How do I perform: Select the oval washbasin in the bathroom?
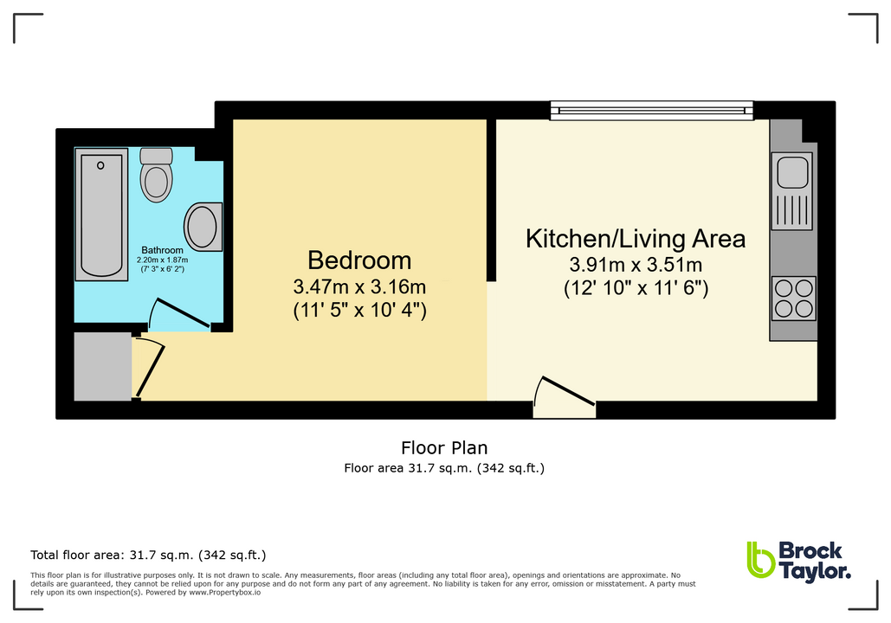pyautogui.click(x=202, y=227)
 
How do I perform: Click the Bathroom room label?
pyautogui.click(x=161, y=250)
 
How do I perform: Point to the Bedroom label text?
pyautogui.click(x=359, y=260)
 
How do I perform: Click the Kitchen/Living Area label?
pyautogui.click(x=636, y=239)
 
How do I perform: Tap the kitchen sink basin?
pyautogui.click(x=793, y=170)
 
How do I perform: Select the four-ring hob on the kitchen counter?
pyautogui.click(x=793, y=298)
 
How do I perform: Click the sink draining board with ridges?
pyautogui.click(x=793, y=211)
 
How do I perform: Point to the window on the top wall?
pyautogui.click(x=651, y=111)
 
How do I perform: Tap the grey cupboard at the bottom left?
pyautogui.click(x=102, y=366)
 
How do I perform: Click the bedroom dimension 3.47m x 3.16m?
pyautogui.click(x=359, y=286)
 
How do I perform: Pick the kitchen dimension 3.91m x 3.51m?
pyautogui.click(x=636, y=265)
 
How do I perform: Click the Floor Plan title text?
pyautogui.click(x=444, y=448)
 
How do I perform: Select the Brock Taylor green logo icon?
pyautogui.click(x=759, y=560)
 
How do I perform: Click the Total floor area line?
pyautogui.click(x=148, y=555)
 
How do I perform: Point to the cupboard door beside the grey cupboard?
pyautogui.click(x=149, y=369)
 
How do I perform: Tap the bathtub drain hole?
pyautogui.click(x=100, y=165)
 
